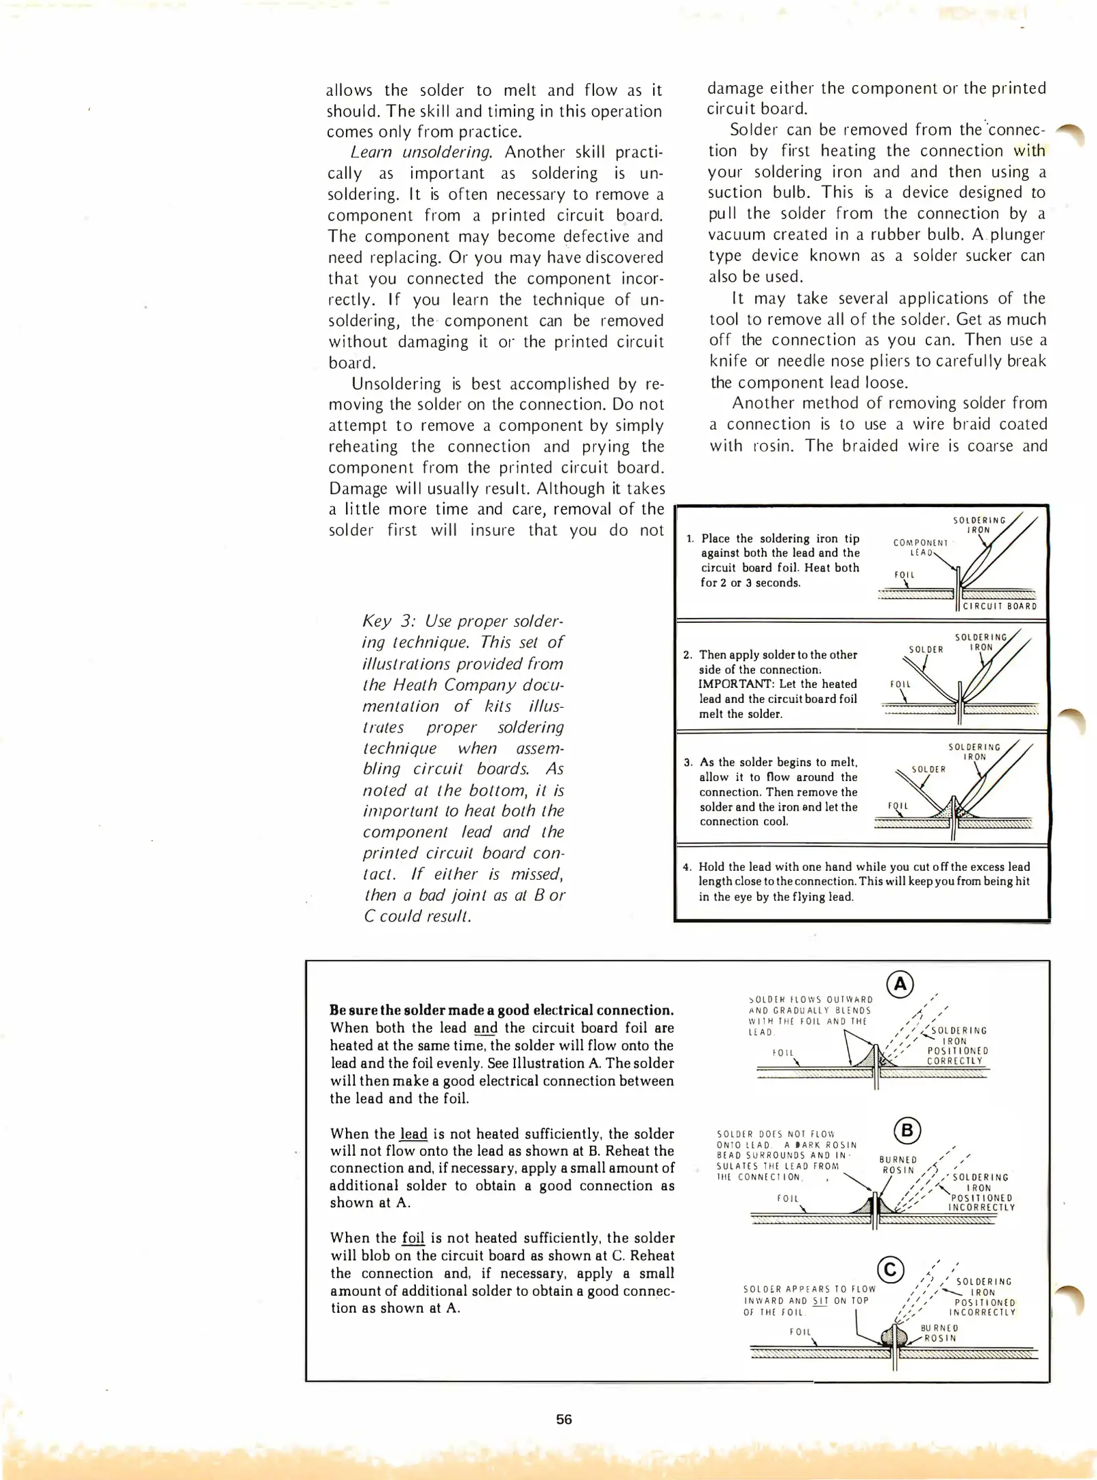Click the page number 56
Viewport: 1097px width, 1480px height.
pyautogui.click(x=563, y=1419)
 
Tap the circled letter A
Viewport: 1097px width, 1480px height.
pyautogui.click(x=900, y=985)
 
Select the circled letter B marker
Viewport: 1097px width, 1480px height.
pyautogui.click(x=908, y=1130)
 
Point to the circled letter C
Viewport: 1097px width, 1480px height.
pyautogui.click(x=891, y=1270)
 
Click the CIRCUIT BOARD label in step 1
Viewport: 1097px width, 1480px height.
pyautogui.click(x=1000, y=606)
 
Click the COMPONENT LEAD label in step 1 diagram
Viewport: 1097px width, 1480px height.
pyautogui.click(x=920, y=547)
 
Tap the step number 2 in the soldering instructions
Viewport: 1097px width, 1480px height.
pyautogui.click(x=688, y=655)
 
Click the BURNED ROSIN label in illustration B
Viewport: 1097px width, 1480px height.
pyautogui.click(x=898, y=1165)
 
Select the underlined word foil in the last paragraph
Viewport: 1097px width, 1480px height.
pyautogui.click(x=413, y=1237)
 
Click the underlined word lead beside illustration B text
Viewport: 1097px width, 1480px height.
pyautogui.click(x=413, y=1133)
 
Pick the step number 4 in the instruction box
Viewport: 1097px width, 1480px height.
pyautogui.click(x=687, y=867)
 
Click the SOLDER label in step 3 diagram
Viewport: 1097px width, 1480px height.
pyautogui.click(x=928, y=769)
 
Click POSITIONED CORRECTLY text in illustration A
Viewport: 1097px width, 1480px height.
pyautogui.click(x=957, y=1056)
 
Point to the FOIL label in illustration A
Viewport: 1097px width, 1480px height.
pyautogui.click(x=782, y=1052)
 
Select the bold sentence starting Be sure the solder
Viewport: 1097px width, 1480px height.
pyautogui.click(x=502, y=1010)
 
